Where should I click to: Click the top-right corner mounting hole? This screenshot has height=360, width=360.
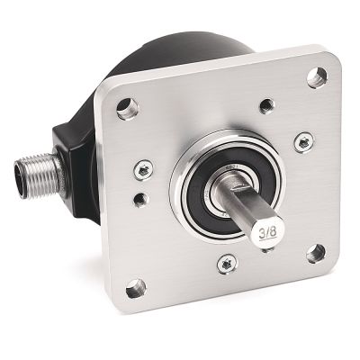pyautogui.click(x=314, y=78)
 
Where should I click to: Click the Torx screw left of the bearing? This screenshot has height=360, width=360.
pyautogui.click(x=141, y=168)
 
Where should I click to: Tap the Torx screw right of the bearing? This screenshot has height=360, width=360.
pyautogui.click(x=302, y=141)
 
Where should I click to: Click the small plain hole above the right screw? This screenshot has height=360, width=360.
pyautogui.click(x=267, y=105)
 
